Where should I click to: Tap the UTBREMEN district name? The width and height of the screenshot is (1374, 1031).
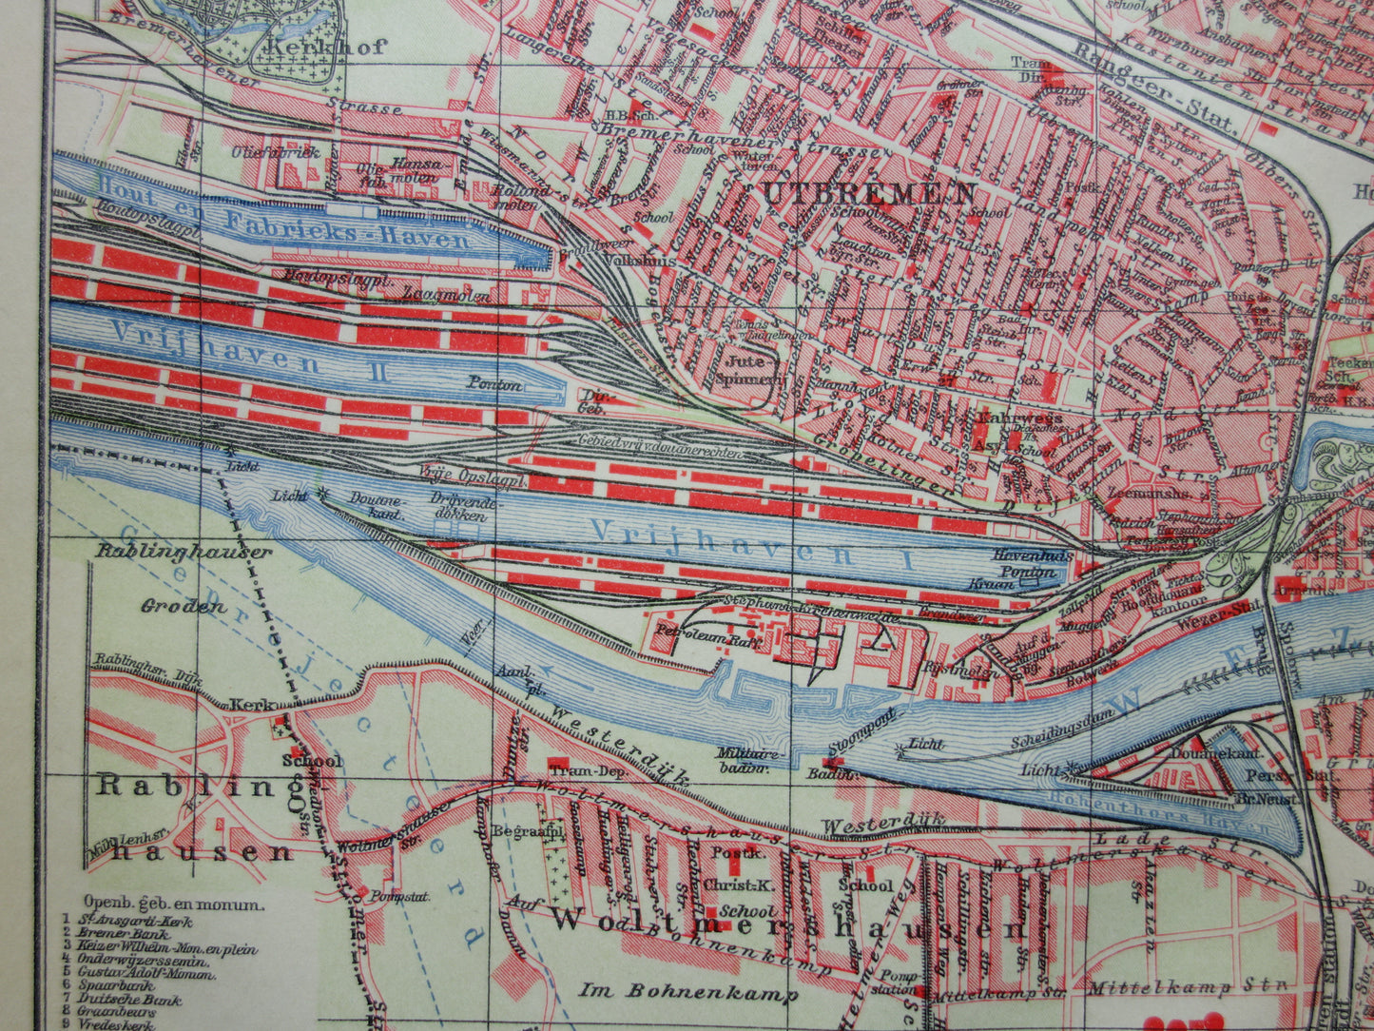click(868, 192)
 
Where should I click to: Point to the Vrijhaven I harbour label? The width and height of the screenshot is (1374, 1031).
click(751, 545)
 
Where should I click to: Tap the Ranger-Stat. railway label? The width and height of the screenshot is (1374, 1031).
click(1153, 88)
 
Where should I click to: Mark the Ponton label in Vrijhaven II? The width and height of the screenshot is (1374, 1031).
click(494, 385)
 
